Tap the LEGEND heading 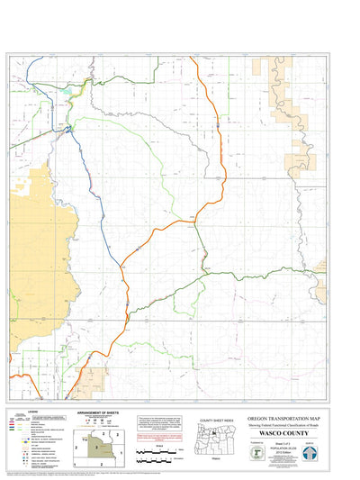(32, 412)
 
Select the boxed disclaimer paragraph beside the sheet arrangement (162, 423)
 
